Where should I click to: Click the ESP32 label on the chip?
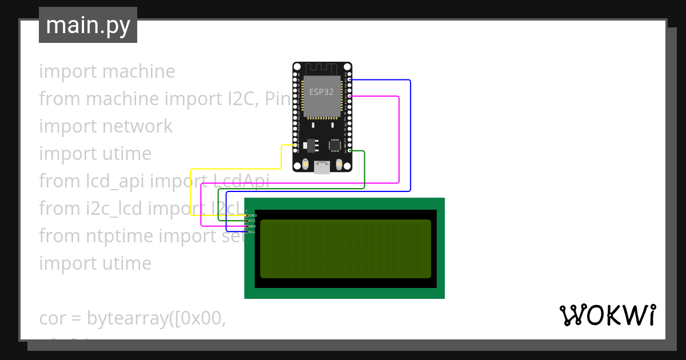tap(321, 92)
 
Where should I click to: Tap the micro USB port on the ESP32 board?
tap(322, 167)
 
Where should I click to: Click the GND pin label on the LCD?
tap(253, 215)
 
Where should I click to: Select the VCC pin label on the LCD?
tap(253, 221)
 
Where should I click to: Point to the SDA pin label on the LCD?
tap(253, 226)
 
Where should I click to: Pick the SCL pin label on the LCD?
tap(253, 232)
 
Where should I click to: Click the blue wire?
tap(410, 137)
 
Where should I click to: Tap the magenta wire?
tap(398, 143)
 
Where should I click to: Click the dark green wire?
tap(364, 171)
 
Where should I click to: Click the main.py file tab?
tap(88, 25)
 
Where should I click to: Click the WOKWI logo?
tap(608, 315)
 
